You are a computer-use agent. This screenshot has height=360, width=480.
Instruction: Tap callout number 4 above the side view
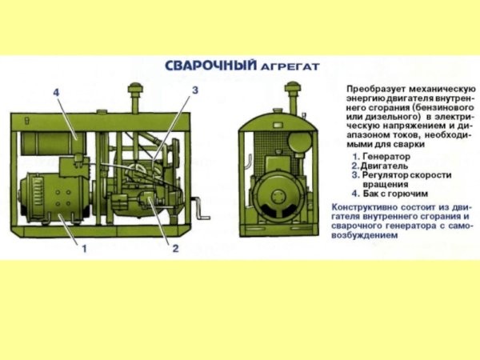click(56, 94)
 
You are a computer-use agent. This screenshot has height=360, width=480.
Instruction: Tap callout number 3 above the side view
click(194, 92)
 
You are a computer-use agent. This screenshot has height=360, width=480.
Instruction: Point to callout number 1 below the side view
click(83, 249)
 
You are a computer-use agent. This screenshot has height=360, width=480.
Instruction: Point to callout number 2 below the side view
click(174, 249)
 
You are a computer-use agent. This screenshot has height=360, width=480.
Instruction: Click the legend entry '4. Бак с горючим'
click(394, 193)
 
